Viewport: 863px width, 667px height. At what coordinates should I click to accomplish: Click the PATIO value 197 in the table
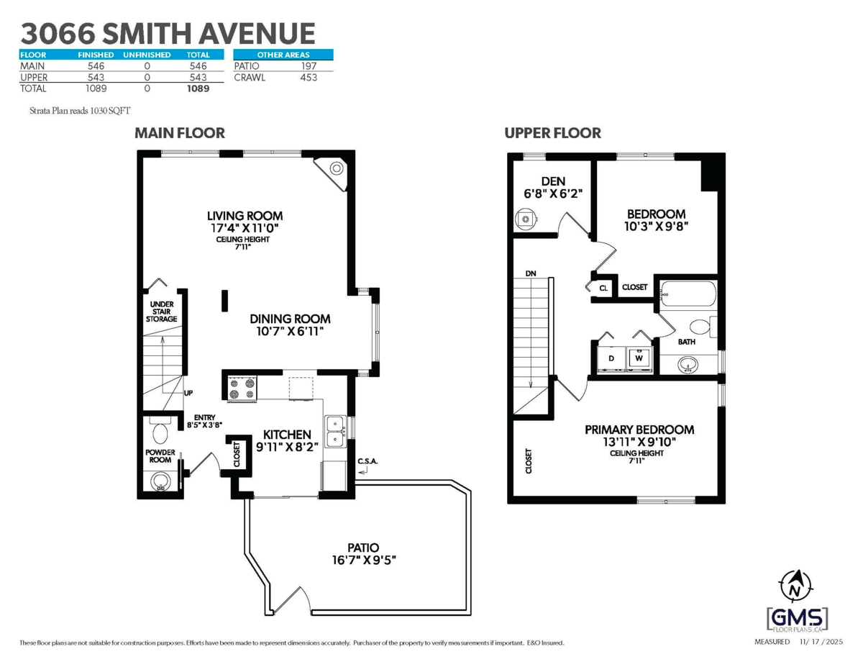[x=309, y=66]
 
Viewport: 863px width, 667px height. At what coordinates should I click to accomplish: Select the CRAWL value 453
[x=309, y=78]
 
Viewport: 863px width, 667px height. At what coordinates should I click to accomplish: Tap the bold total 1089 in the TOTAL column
[x=197, y=89]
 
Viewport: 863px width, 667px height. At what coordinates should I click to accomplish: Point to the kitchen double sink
[x=334, y=430]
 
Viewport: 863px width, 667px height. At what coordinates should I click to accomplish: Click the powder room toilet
[x=160, y=432]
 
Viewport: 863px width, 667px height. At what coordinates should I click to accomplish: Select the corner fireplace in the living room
[x=335, y=169]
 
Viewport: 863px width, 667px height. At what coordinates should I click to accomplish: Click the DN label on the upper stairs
[x=531, y=273]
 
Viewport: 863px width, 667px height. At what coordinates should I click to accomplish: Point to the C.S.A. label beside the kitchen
[x=367, y=461]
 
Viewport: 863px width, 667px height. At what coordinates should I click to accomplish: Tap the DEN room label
[x=553, y=181]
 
